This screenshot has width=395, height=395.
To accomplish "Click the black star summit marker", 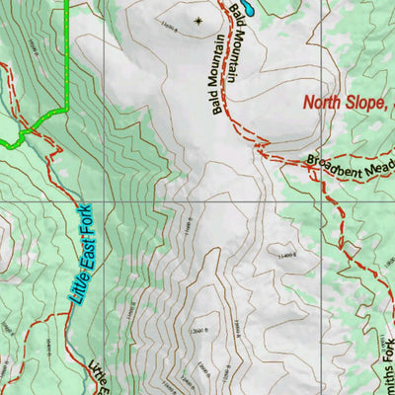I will click(x=197, y=20).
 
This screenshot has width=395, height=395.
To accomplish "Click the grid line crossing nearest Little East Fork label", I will click(x=105, y=201).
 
